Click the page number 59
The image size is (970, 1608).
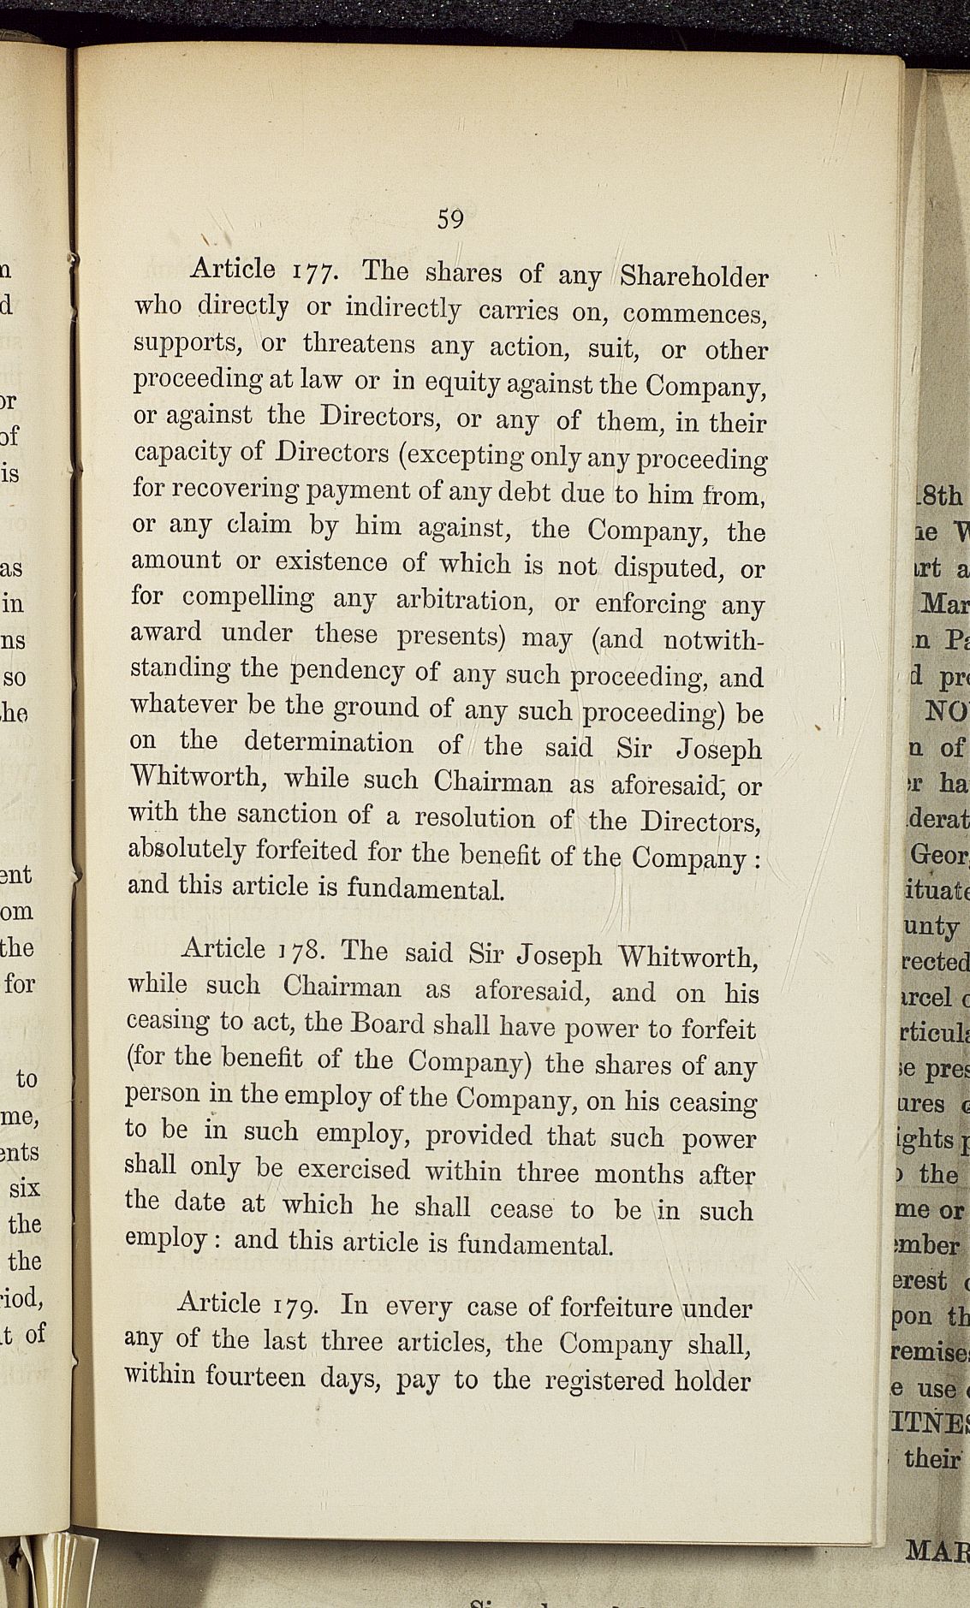[x=450, y=219]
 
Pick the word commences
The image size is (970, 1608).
[x=694, y=314]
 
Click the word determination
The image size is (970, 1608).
[x=329, y=742]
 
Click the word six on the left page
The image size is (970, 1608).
[x=25, y=1189]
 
